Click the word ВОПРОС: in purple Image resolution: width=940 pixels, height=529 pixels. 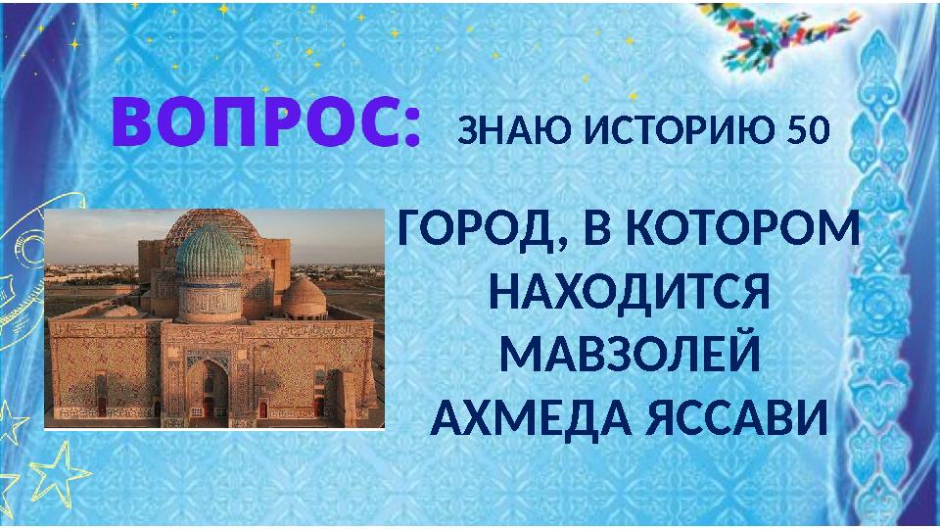(x=266, y=124)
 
